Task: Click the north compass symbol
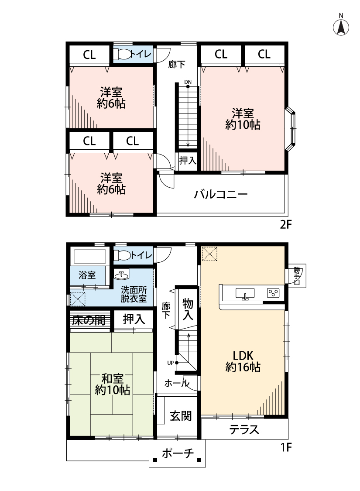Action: click(341, 27)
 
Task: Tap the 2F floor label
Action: click(286, 225)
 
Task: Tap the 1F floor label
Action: click(285, 446)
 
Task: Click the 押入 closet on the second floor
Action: click(188, 160)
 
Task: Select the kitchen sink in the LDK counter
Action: click(245, 293)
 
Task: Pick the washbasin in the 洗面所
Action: click(121, 275)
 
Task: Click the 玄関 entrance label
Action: click(181, 416)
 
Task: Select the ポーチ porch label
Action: click(178, 454)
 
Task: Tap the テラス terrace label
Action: click(244, 430)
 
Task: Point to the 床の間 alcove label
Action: click(89, 320)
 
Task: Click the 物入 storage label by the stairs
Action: click(188, 309)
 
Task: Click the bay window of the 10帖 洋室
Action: click(291, 129)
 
